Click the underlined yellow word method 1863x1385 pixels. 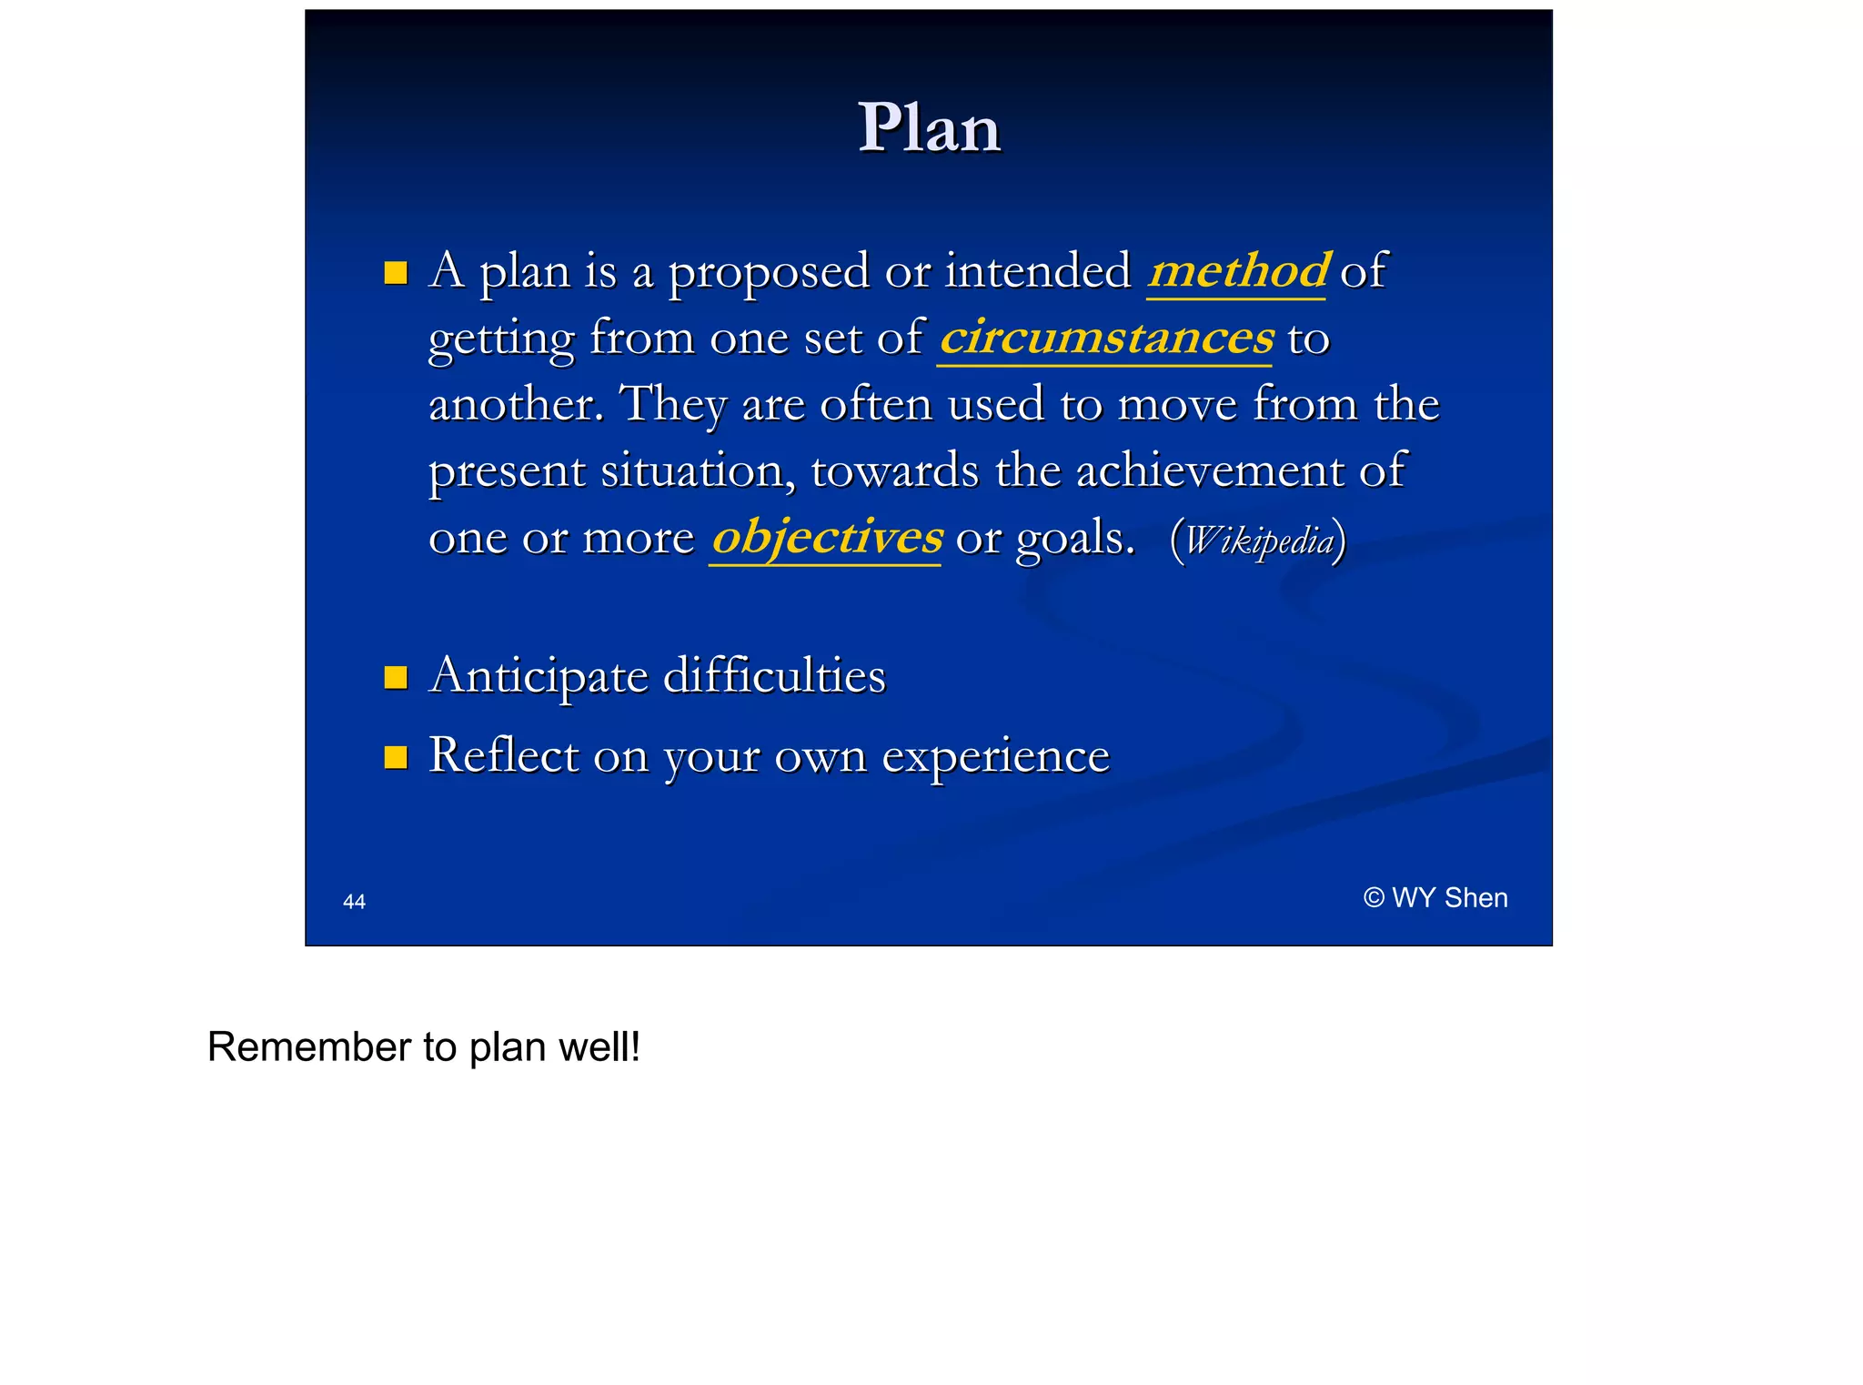pos(1238,271)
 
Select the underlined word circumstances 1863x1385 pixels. pos(1106,338)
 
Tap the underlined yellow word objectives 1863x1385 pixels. pos(826,537)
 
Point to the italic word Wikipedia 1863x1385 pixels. pos(1258,541)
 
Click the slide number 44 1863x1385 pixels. pos(354,902)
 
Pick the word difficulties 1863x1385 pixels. pos(774,675)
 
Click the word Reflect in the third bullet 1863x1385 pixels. pos(503,755)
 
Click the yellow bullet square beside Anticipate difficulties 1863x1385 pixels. pos(396,678)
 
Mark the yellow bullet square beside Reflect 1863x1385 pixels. pos(396,757)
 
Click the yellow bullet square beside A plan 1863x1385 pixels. pos(396,273)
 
